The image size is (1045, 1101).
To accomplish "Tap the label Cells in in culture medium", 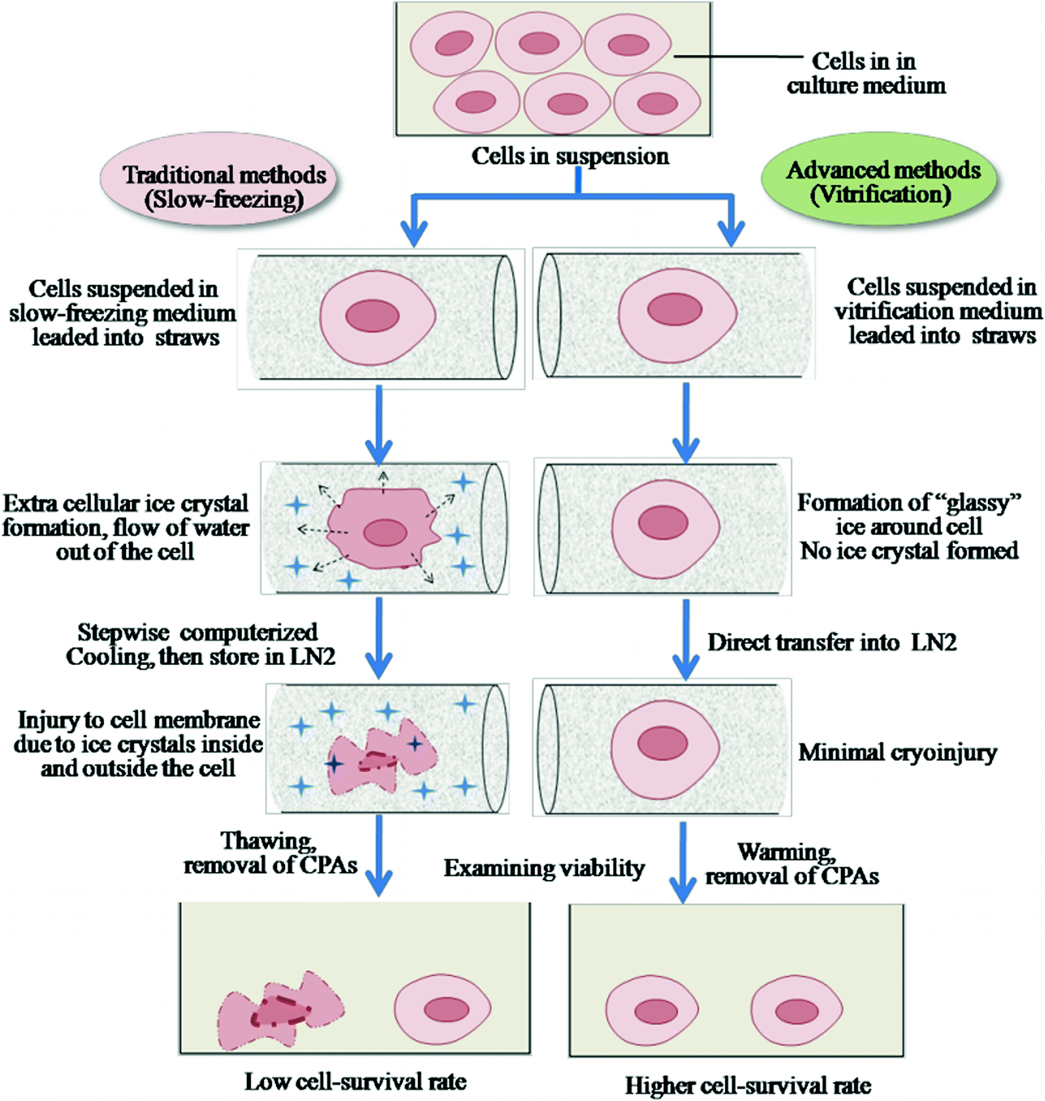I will [x=865, y=73].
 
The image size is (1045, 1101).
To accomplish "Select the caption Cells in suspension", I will [x=569, y=156].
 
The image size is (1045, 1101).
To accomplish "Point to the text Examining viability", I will [x=544, y=868].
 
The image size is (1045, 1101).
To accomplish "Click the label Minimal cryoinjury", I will [x=897, y=752].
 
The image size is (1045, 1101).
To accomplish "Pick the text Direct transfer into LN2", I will [x=832, y=643].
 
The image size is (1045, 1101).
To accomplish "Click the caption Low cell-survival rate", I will [x=355, y=1081].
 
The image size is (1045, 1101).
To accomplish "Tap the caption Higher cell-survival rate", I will [x=747, y=1085].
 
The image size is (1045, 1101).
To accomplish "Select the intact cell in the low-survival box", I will [x=442, y=1009].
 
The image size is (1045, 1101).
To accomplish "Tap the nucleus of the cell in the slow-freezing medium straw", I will [x=372, y=316].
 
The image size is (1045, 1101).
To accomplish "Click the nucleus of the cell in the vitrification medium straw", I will [x=674, y=310].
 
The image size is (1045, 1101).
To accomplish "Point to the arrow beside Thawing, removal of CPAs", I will [x=379, y=855].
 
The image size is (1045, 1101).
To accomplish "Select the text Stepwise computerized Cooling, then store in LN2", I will [x=199, y=645].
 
